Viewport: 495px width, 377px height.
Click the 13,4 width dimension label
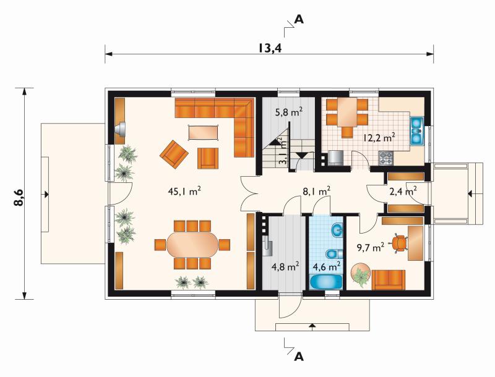(x=270, y=48)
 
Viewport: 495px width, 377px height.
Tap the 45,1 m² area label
(x=184, y=191)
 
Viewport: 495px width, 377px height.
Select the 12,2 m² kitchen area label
(x=379, y=137)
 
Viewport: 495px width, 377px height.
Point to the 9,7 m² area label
(x=371, y=247)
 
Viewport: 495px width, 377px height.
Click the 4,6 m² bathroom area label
(x=327, y=266)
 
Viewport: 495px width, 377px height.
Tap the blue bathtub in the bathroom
(x=326, y=282)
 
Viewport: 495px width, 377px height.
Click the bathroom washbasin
(x=337, y=229)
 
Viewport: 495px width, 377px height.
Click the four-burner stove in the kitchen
(x=385, y=158)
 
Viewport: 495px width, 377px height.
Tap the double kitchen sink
(x=417, y=130)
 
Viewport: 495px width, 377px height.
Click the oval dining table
(x=192, y=245)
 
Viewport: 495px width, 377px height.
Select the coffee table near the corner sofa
(x=204, y=132)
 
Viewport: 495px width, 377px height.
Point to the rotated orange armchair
(x=174, y=155)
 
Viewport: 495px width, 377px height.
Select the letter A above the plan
(x=299, y=20)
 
